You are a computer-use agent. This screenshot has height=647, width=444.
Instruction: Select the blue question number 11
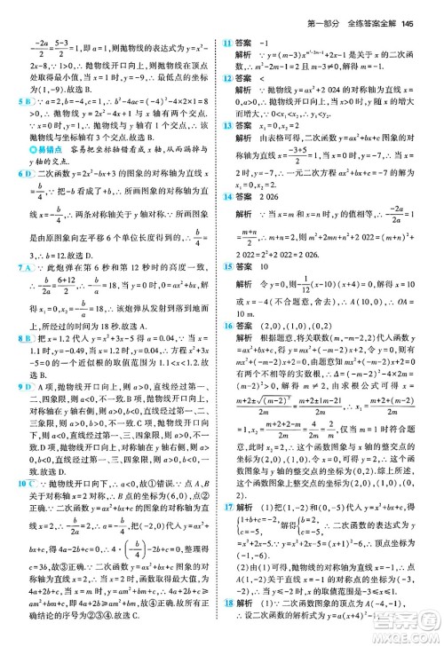click(x=228, y=41)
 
